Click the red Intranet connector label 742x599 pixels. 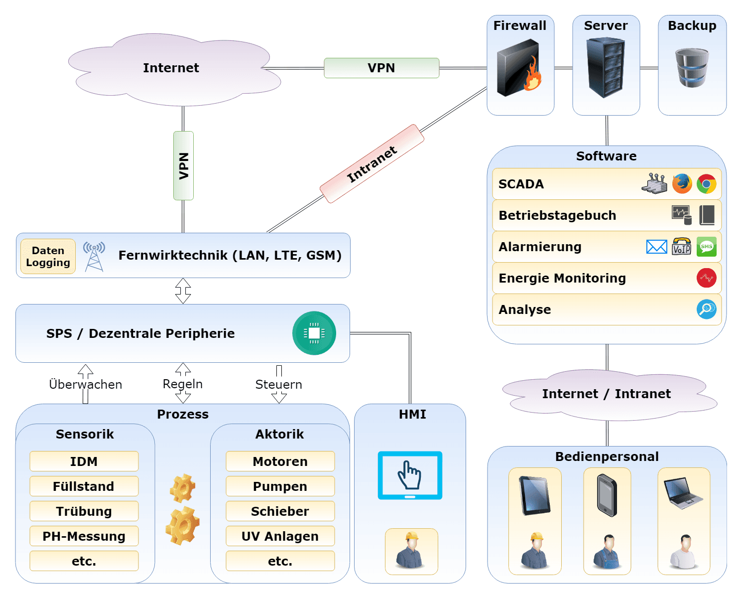(372, 164)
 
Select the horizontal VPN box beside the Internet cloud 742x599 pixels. (381, 68)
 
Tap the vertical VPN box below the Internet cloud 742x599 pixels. (183, 165)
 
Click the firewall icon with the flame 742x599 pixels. (519, 69)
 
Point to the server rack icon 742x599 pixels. (606, 67)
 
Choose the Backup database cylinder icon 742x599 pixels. (692, 68)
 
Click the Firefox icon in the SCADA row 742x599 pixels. (682, 183)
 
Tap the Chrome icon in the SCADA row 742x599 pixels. (706, 183)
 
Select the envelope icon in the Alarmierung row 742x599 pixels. (656, 247)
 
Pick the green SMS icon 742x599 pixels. (706, 247)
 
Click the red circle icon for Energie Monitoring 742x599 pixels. (706, 278)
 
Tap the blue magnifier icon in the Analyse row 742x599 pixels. (706, 309)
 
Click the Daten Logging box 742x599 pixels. (48, 257)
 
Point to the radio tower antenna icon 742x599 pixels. (94, 256)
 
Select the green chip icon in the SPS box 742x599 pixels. (314, 333)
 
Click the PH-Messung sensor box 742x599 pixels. (84, 536)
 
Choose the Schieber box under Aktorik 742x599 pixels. (280, 511)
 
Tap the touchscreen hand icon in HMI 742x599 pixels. (410, 475)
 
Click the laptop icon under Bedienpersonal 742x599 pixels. (683, 493)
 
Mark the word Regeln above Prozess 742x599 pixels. (183, 384)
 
